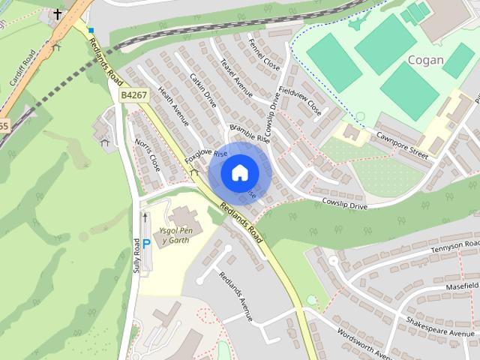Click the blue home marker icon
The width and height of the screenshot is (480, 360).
point(239,172)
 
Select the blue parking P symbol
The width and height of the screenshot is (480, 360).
point(147,243)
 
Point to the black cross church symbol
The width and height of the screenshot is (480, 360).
point(57,13)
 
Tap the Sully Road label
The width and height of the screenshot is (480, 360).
point(136,256)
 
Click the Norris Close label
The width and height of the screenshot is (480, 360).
point(148,154)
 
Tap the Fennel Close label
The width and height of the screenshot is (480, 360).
point(264,55)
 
